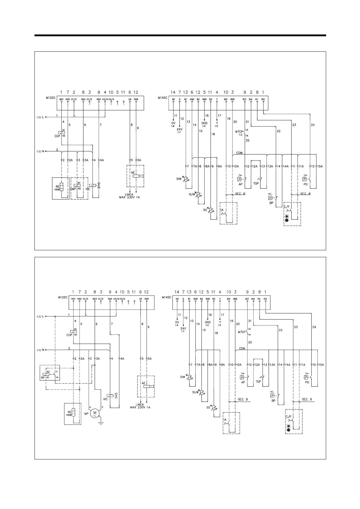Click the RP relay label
coord(43,378)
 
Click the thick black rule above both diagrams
coord(180,36)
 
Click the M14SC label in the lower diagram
coord(166,297)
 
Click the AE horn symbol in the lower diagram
coord(149,387)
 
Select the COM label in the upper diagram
coord(239,153)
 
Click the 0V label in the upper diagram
coord(173,123)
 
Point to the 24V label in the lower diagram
coord(183,328)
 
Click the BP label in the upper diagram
coord(271,203)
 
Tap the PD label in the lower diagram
coord(307,382)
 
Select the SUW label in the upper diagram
coord(192,194)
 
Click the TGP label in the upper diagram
coord(256,183)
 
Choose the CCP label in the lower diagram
coord(69,335)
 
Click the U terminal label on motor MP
coord(90,407)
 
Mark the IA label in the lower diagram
coord(225,420)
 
